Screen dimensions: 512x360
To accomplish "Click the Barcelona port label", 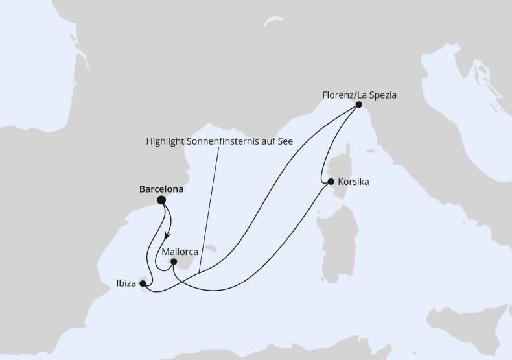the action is pos(161,190).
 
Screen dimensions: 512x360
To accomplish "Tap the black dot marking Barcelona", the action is pos(161,200).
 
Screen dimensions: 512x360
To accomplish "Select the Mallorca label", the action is pos(180,251).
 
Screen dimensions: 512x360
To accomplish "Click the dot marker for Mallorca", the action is pos(173,262).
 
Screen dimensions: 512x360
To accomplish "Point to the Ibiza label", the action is pos(126,283).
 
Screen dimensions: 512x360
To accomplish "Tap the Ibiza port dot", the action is pos(143,283).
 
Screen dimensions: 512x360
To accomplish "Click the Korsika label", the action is pos(353,182).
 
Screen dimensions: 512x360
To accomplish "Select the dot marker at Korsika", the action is pos(331,182).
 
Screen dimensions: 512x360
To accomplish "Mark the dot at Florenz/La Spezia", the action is pos(358,104).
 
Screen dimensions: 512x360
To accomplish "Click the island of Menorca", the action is pos(211,247).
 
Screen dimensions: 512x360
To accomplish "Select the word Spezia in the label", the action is pos(383,95).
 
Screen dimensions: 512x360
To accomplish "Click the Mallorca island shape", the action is pos(184,262).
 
